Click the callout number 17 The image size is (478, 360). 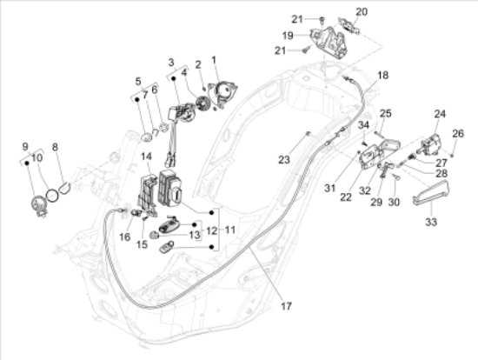(286, 305)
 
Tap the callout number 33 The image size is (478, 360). (431, 222)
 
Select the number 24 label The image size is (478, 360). (440, 114)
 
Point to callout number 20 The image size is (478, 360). (362, 12)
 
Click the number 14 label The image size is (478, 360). (146, 157)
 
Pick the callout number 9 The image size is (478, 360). (25, 147)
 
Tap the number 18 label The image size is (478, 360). (383, 75)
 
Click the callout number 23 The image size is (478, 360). (284, 159)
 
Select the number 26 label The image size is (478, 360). (458, 133)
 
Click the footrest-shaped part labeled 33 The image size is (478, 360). (430, 192)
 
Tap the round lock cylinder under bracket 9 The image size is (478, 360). (39, 206)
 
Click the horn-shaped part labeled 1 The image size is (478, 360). (222, 93)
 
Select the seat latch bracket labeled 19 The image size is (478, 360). (329, 43)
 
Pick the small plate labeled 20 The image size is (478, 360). (349, 24)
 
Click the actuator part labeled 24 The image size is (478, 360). (431, 144)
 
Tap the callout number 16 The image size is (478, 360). (124, 237)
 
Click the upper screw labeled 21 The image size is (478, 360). (321, 20)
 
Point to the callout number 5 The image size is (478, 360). (138, 81)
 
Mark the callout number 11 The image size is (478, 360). (229, 230)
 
